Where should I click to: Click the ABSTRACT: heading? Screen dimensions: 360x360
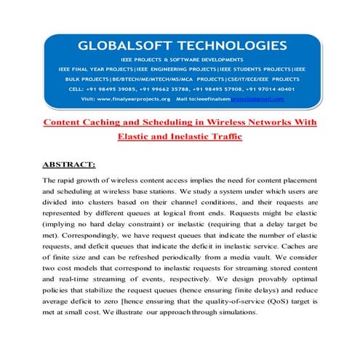click(x=69, y=165)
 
